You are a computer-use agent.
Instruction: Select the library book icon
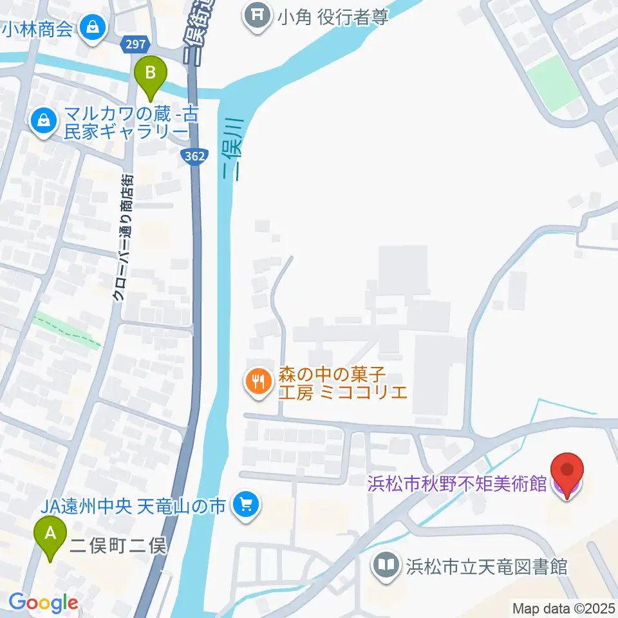click(x=386, y=566)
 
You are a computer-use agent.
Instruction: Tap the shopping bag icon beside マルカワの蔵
click(x=44, y=120)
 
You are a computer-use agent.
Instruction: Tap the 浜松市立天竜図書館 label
click(x=486, y=566)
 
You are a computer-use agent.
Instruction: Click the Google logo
click(x=43, y=603)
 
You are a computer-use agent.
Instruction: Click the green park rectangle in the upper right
click(x=553, y=83)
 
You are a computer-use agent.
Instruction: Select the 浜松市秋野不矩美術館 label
click(x=457, y=483)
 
